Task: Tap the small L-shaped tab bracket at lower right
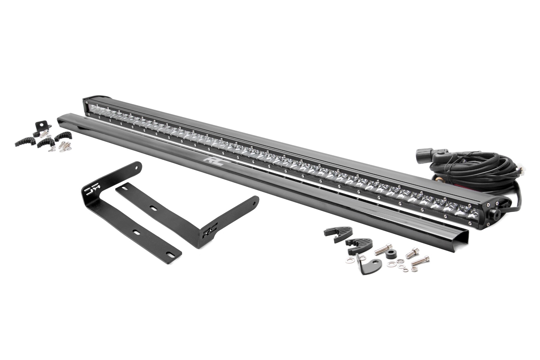coord(363,265)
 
